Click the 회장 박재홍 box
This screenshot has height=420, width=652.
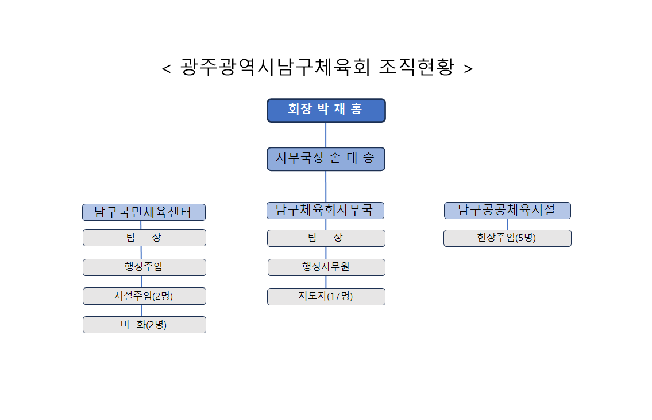pos(326,111)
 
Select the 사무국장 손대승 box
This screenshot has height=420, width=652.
pos(326,159)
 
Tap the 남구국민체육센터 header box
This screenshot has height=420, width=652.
pos(144,212)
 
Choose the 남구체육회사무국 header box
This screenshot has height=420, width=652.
pos(325,211)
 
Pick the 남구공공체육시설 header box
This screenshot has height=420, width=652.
pos(507,211)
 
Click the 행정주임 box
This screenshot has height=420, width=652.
pos(144,267)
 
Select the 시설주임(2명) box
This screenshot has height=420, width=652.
pos(144,296)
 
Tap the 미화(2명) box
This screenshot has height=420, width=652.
pos(144,325)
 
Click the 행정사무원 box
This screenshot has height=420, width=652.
pos(326,267)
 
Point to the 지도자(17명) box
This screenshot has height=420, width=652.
pos(326,297)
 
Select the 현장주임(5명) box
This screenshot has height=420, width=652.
pos(507,238)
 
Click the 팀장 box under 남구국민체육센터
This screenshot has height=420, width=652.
pos(144,238)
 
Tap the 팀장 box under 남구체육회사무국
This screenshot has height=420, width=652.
pos(326,238)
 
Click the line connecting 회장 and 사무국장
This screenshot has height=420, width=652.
pos(326,135)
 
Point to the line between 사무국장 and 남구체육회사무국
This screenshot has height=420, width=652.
pos(326,186)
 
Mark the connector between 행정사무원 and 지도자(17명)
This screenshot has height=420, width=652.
pos(326,282)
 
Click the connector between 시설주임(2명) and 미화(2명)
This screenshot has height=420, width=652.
pos(142,310)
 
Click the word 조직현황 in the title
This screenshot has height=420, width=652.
pos(416,67)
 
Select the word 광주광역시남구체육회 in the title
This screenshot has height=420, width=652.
pos(275,67)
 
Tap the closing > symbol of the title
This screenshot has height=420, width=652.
pos(468,68)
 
